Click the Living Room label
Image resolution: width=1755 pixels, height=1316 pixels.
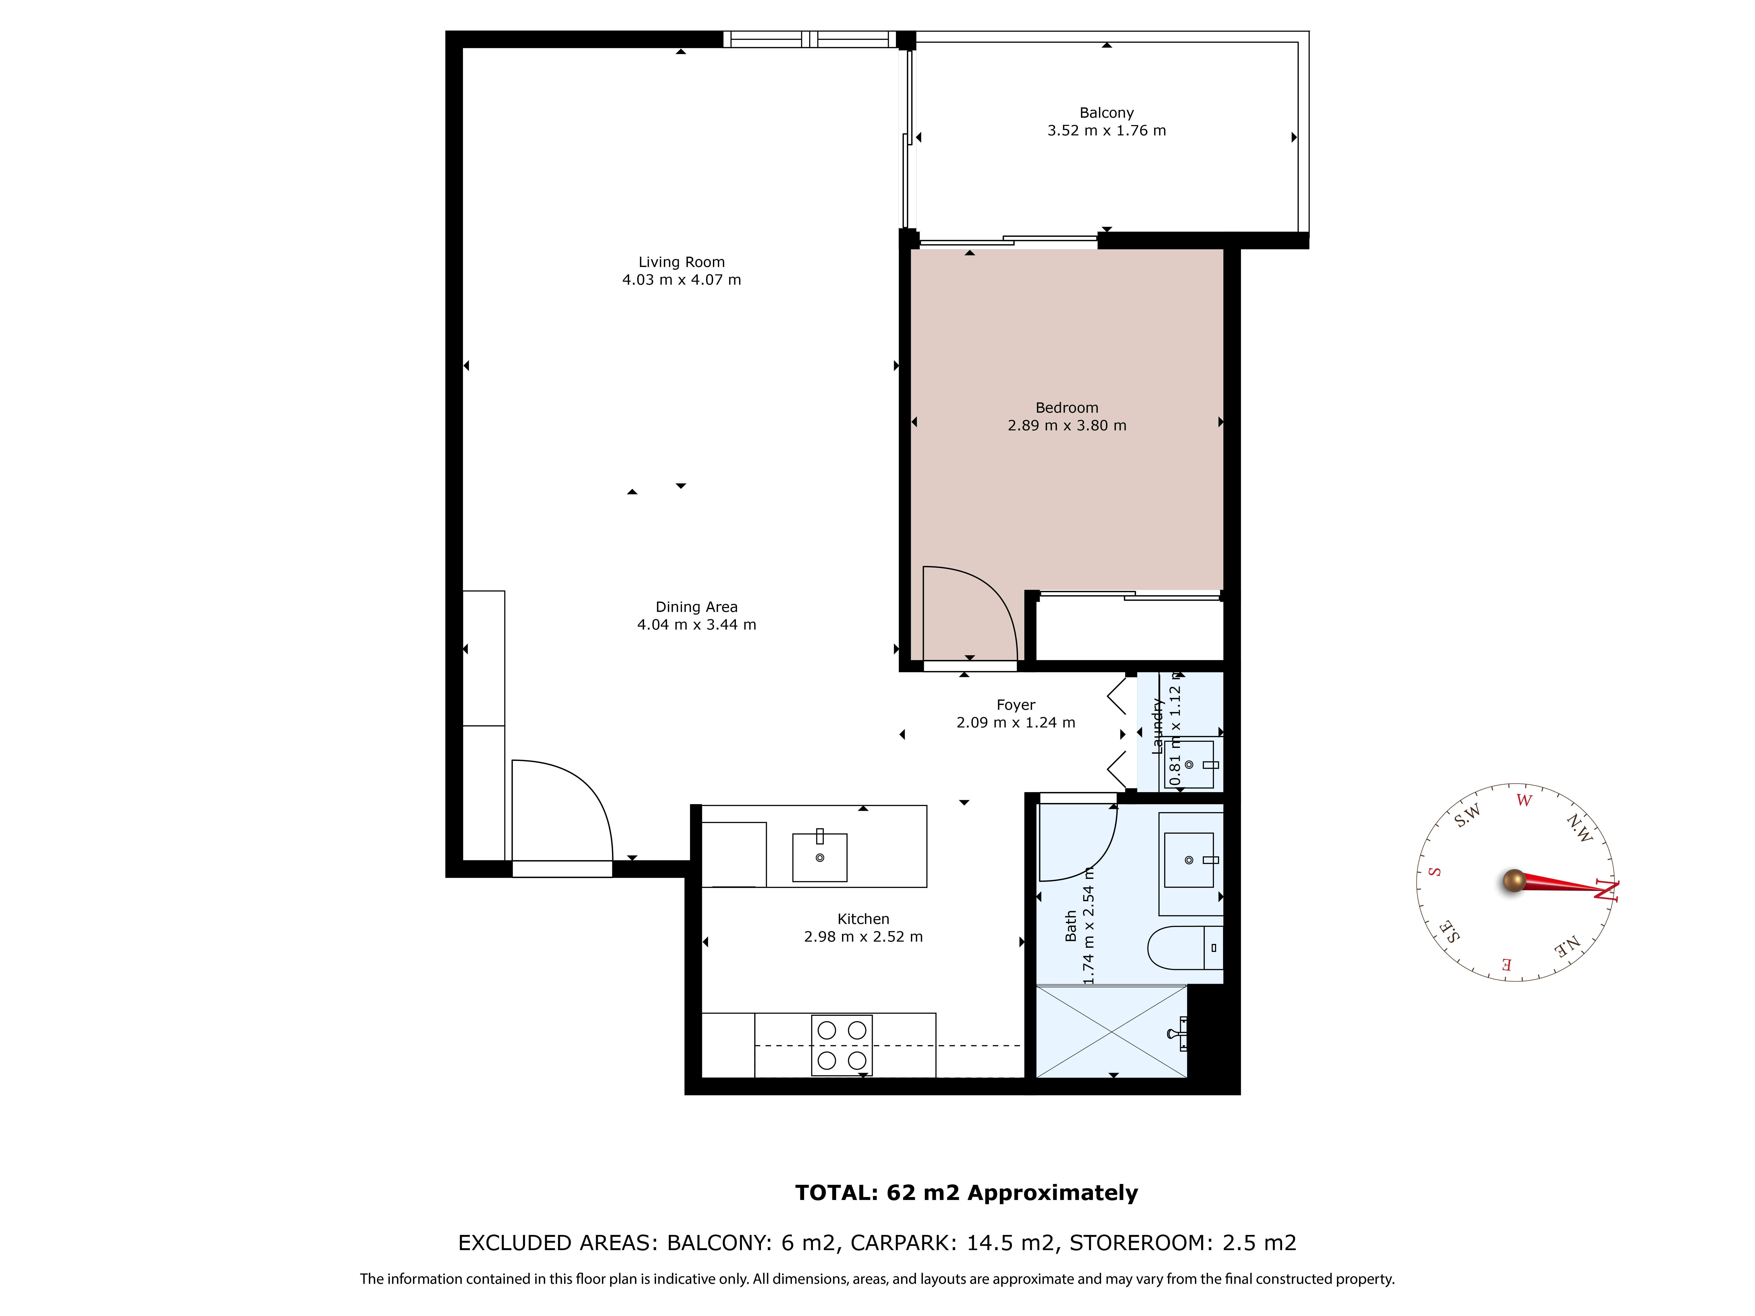(x=682, y=262)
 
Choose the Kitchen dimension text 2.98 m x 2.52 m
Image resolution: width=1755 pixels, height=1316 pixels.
(x=863, y=937)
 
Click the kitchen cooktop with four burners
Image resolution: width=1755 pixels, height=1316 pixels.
(x=842, y=1045)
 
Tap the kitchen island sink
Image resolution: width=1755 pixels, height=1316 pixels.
(x=819, y=857)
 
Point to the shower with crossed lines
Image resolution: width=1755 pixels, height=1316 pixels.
(x=1112, y=1031)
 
